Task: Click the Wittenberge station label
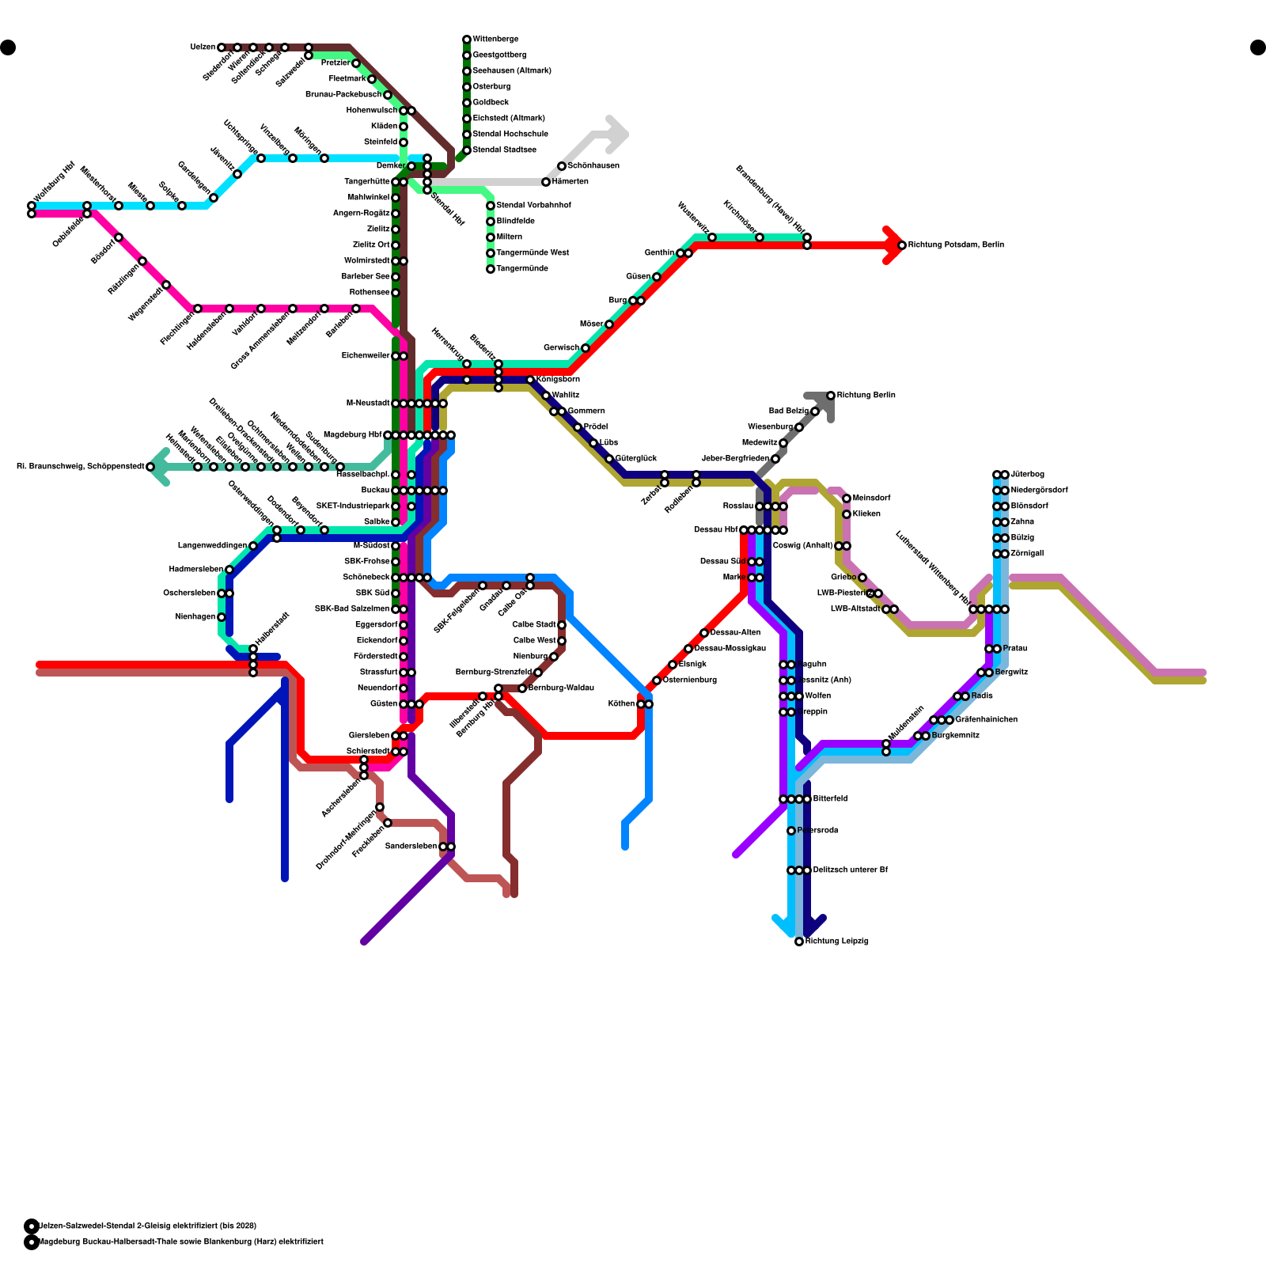[x=495, y=40]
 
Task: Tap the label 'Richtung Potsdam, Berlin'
[x=956, y=245]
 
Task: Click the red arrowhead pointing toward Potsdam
[x=894, y=245]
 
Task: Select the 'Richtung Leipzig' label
[x=837, y=942]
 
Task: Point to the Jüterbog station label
[x=1027, y=475]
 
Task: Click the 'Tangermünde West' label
[x=533, y=253]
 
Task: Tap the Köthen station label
[x=621, y=704]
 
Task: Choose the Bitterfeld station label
[x=830, y=799]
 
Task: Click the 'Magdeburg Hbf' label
[x=352, y=435]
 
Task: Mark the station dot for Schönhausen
[x=562, y=166]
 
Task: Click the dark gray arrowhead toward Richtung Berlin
[x=823, y=402]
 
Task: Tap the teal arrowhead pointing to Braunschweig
[x=158, y=467]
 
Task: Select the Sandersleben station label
[x=411, y=847]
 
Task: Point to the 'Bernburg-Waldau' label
[x=561, y=688]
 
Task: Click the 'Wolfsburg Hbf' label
[x=54, y=182]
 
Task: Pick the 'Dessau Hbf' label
[x=715, y=530]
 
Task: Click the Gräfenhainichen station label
[x=986, y=720]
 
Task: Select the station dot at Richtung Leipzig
[x=799, y=942]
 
